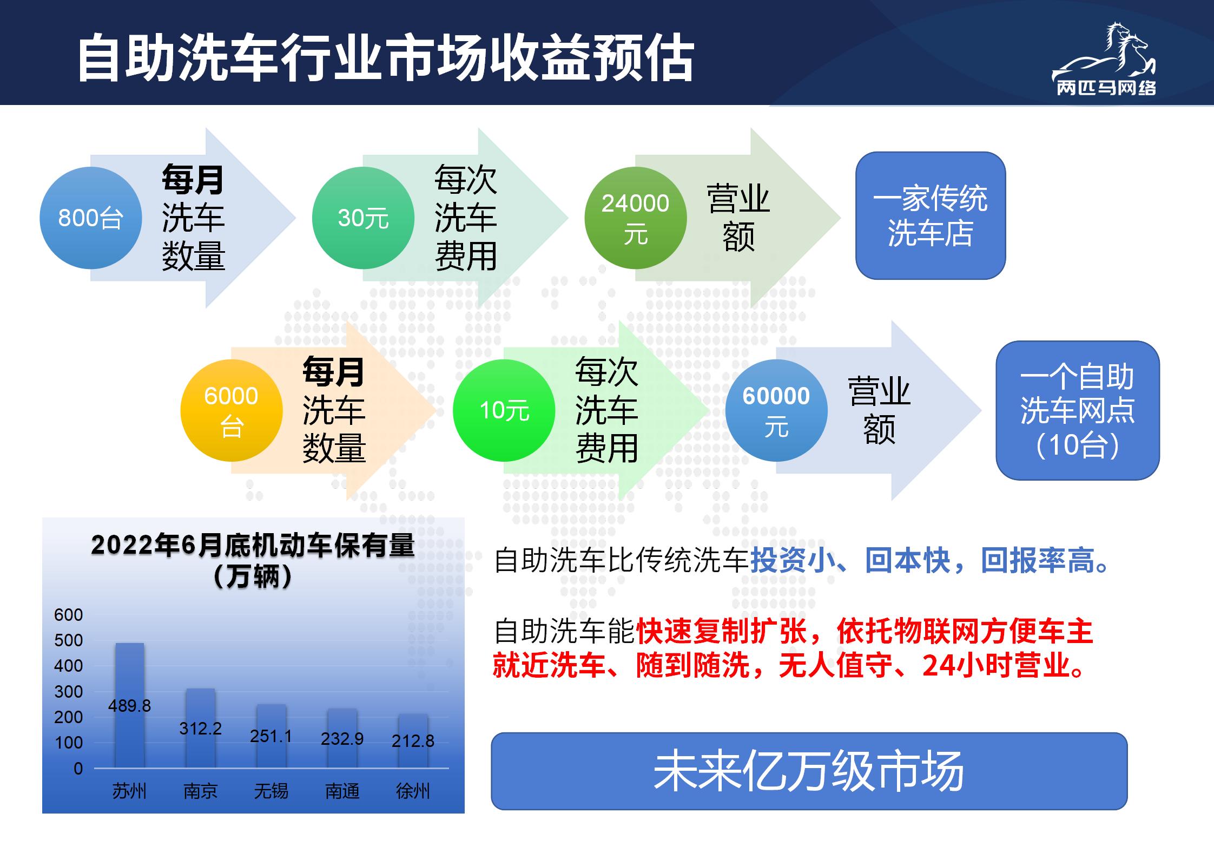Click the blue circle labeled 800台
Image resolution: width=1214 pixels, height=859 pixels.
coord(91,218)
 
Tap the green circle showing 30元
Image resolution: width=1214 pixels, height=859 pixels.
coord(364,218)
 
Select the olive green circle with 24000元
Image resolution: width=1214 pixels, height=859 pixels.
coord(636,218)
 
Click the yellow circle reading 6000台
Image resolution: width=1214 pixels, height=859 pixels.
coord(232,411)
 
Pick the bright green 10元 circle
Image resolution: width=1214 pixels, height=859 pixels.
coord(504,411)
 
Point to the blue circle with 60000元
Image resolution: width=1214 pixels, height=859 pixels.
coord(776,411)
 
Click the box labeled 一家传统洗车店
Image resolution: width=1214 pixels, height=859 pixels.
coord(931,215)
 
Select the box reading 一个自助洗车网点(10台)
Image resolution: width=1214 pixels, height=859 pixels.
coord(1078,410)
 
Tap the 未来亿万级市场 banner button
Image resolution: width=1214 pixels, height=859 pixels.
coord(809,771)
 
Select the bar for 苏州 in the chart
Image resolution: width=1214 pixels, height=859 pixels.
coord(130,705)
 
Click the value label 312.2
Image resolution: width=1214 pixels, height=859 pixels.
coord(201,729)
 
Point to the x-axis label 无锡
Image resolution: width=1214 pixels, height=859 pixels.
coord(271,791)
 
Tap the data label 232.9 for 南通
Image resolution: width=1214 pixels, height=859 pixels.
coord(342,739)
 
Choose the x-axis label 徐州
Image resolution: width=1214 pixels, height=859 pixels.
coord(413,791)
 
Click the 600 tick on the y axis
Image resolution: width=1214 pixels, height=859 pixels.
coord(69,615)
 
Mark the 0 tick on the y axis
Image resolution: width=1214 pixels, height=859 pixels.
coord(78,769)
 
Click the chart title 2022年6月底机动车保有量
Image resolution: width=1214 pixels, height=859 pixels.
coord(253,546)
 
